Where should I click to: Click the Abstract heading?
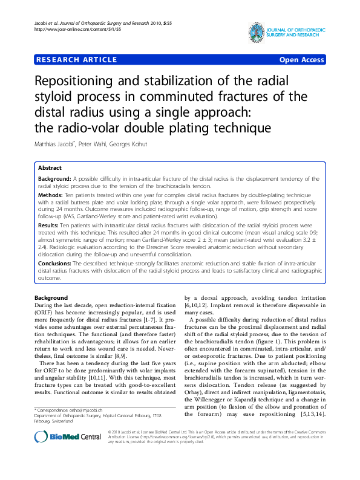click(50, 168)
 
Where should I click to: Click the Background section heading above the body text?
click(51, 298)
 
